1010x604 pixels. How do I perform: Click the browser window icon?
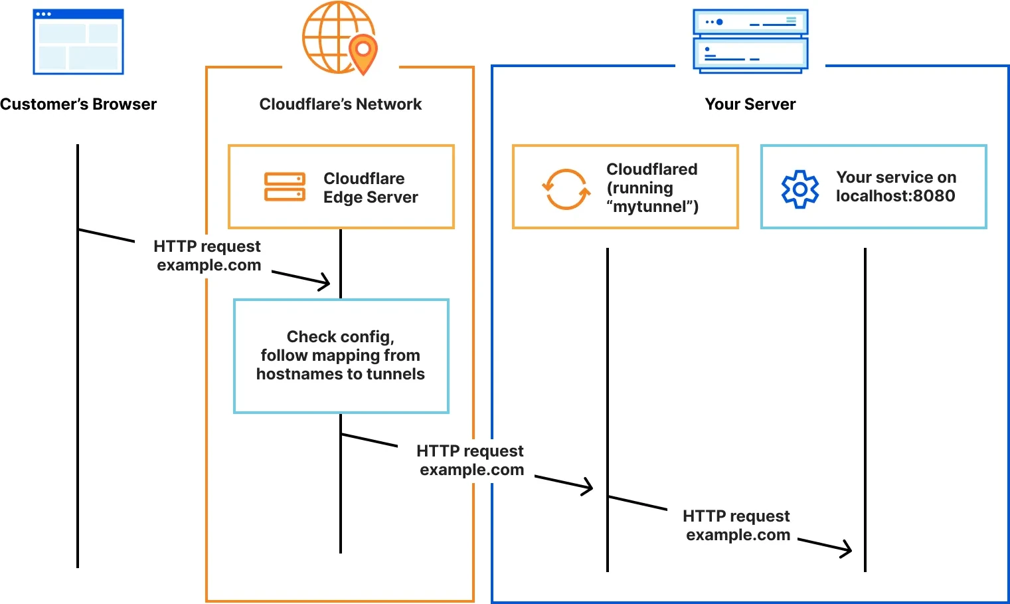[x=78, y=41]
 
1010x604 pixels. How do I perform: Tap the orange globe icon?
[x=335, y=37]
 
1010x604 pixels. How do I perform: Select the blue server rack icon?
[x=750, y=40]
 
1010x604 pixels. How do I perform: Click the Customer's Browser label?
[x=78, y=104]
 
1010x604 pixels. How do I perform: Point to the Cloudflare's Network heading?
[x=340, y=104]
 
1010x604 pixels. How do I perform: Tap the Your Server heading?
[x=750, y=104]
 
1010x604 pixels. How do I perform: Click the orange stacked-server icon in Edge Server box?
[x=284, y=187]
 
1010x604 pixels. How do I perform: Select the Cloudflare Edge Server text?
[x=370, y=188]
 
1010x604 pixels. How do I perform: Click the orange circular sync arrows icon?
[x=566, y=189]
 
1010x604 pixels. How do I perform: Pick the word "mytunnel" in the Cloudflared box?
[x=652, y=207]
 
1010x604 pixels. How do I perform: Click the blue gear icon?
[x=800, y=189]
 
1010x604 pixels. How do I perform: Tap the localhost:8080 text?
[x=895, y=196]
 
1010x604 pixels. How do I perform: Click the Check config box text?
[x=341, y=355]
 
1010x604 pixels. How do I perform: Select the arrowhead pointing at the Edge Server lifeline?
[x=325, y=282]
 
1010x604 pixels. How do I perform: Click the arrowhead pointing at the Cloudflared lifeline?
[x=588, y=487]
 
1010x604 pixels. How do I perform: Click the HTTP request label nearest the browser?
[x=208, y=256]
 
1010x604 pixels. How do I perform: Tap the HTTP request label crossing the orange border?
[x=471, y=460]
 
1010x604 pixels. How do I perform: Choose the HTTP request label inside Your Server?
[x=737, y=526]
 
